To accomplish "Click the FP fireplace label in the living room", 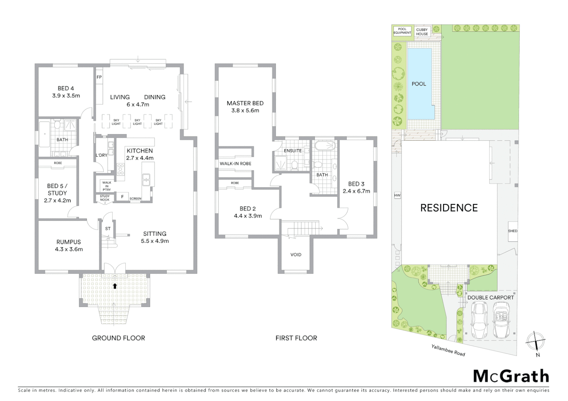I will pos(99,77).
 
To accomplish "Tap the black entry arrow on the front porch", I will pos(115,286).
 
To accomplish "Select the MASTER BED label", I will pos(245,103).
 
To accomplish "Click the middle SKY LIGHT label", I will pos(137,122).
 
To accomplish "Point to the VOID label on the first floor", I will pos(296,255).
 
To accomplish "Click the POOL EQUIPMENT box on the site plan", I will pos(402,31).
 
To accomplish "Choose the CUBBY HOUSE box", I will pos(422,32).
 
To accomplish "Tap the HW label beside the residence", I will pos(397,195).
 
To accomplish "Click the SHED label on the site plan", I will pos(513,231).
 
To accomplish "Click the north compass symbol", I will pos(536,341).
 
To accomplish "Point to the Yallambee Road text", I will pos(448,350).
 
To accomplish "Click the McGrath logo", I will pos(511,376).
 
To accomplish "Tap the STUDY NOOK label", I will pos(105,198).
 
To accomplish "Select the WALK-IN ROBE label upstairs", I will pos(235,163).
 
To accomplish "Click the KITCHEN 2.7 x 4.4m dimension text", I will pos(140,158).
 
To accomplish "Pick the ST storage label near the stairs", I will pos(108,229).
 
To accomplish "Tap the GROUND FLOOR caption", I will pos(119,338).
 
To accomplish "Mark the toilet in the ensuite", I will pos(294,165).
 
